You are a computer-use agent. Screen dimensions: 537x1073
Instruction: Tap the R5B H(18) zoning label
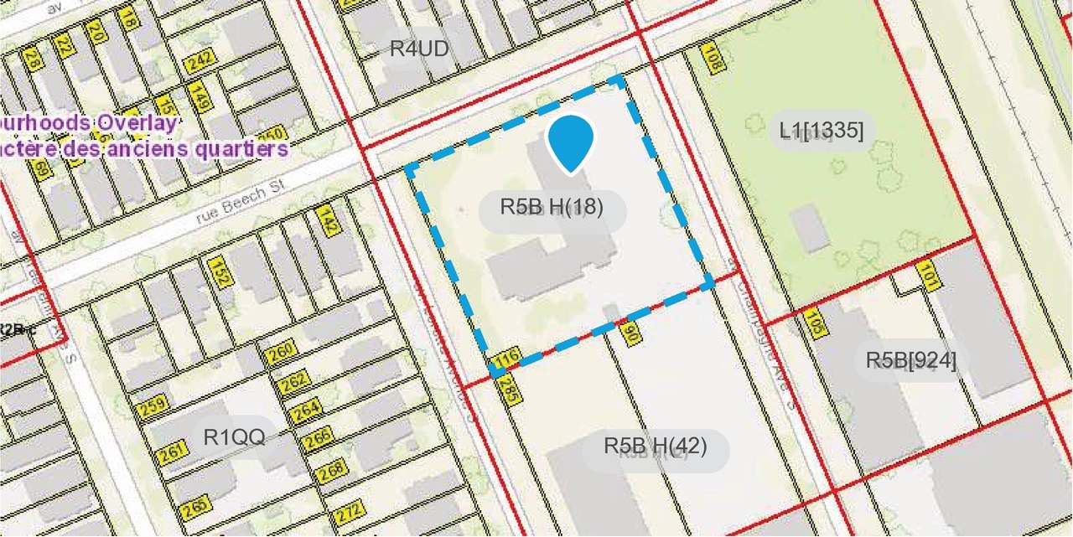coord(552,206)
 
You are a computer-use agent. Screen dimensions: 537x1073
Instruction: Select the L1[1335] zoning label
coord(822,130)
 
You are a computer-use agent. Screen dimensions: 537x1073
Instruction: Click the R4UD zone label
coord(419,49)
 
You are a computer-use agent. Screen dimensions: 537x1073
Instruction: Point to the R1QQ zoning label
coord(234,436)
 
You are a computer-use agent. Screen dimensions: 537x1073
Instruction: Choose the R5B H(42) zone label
coord(656,446)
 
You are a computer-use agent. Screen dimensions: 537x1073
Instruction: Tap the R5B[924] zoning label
coord(911,360)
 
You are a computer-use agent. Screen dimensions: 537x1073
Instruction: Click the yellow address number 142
coord(329,221)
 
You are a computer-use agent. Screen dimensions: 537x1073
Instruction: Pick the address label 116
coord(506,359)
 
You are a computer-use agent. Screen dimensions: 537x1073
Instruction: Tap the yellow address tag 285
coord(508,390)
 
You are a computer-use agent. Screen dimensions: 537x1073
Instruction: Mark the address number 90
coord(631,335)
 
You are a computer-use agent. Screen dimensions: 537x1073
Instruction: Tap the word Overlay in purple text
coord(136,122)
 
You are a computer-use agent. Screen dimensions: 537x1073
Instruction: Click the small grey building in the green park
coord(810,229)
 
